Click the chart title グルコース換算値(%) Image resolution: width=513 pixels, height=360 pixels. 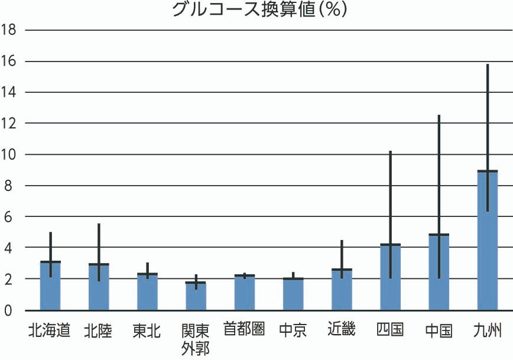point(259,10)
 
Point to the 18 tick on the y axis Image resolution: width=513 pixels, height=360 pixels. point(9,30)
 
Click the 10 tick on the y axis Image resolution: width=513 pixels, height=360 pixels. point(9,154)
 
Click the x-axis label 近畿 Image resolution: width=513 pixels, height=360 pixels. point(341,329)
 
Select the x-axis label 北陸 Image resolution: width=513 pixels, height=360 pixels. point(98,330)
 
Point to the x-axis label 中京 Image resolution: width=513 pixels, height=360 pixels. point(293,330)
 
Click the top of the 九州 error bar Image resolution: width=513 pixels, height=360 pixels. point(488,64)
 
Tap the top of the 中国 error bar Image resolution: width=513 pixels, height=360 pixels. point(439,116)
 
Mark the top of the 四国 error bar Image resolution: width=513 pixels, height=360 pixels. point(390,152)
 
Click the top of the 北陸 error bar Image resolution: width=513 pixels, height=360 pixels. point(99,225)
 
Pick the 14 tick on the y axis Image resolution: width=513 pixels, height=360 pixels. point(9,92)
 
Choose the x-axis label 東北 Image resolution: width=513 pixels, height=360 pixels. point(147,330)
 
